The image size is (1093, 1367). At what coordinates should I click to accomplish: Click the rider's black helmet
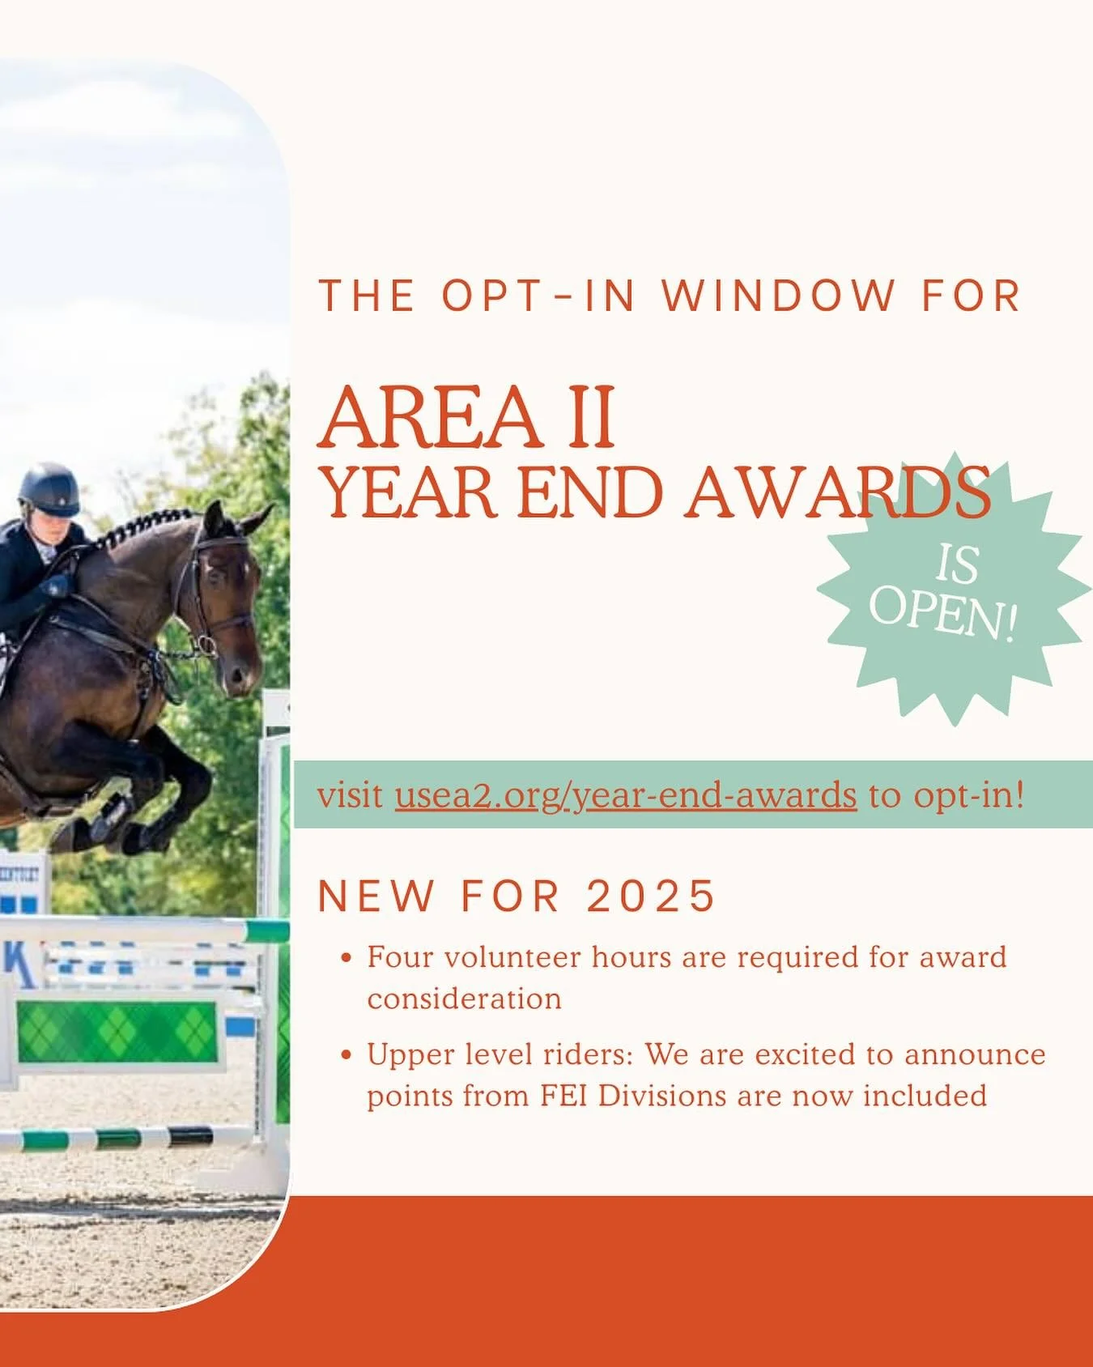[x=49, y=488]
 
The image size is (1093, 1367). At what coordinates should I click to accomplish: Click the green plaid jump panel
[x=117, y=1032]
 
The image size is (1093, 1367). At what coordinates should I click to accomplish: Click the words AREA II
[x=467, y=418]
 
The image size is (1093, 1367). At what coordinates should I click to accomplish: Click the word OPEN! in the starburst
[x=942, y=611]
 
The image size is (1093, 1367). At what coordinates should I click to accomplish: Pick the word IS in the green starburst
[x=958, y=564]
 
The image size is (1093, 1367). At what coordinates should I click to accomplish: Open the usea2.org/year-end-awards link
[x=625, y=795]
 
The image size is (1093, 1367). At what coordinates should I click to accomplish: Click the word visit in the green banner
[x=350, y=795]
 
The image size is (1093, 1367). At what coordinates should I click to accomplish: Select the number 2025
[x=651, y=896]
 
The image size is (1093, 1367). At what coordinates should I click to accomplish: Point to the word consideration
[x=464, y=999]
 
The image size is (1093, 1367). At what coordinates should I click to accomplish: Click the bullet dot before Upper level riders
[x=347, y=1055]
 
